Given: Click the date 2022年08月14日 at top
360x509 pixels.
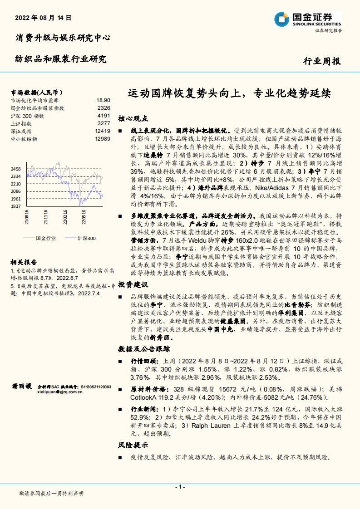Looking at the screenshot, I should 43,19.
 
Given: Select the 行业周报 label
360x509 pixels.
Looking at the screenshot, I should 321,62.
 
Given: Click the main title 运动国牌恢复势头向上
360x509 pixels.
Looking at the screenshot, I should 182,94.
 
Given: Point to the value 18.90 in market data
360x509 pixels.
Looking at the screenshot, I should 103,100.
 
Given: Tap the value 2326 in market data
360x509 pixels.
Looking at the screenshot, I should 104,108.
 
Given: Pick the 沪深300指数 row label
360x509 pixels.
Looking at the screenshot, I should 27,116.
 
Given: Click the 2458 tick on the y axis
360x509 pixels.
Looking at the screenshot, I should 16,169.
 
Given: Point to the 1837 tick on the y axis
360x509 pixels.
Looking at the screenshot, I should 16,206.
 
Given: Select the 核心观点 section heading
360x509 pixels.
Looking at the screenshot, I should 133,118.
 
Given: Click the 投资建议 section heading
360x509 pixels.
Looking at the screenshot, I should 133,284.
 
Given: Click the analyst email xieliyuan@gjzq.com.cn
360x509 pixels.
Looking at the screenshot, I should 59,392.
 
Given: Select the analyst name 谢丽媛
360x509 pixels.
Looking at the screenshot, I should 22,387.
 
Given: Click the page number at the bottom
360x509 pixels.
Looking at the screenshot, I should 180,486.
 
